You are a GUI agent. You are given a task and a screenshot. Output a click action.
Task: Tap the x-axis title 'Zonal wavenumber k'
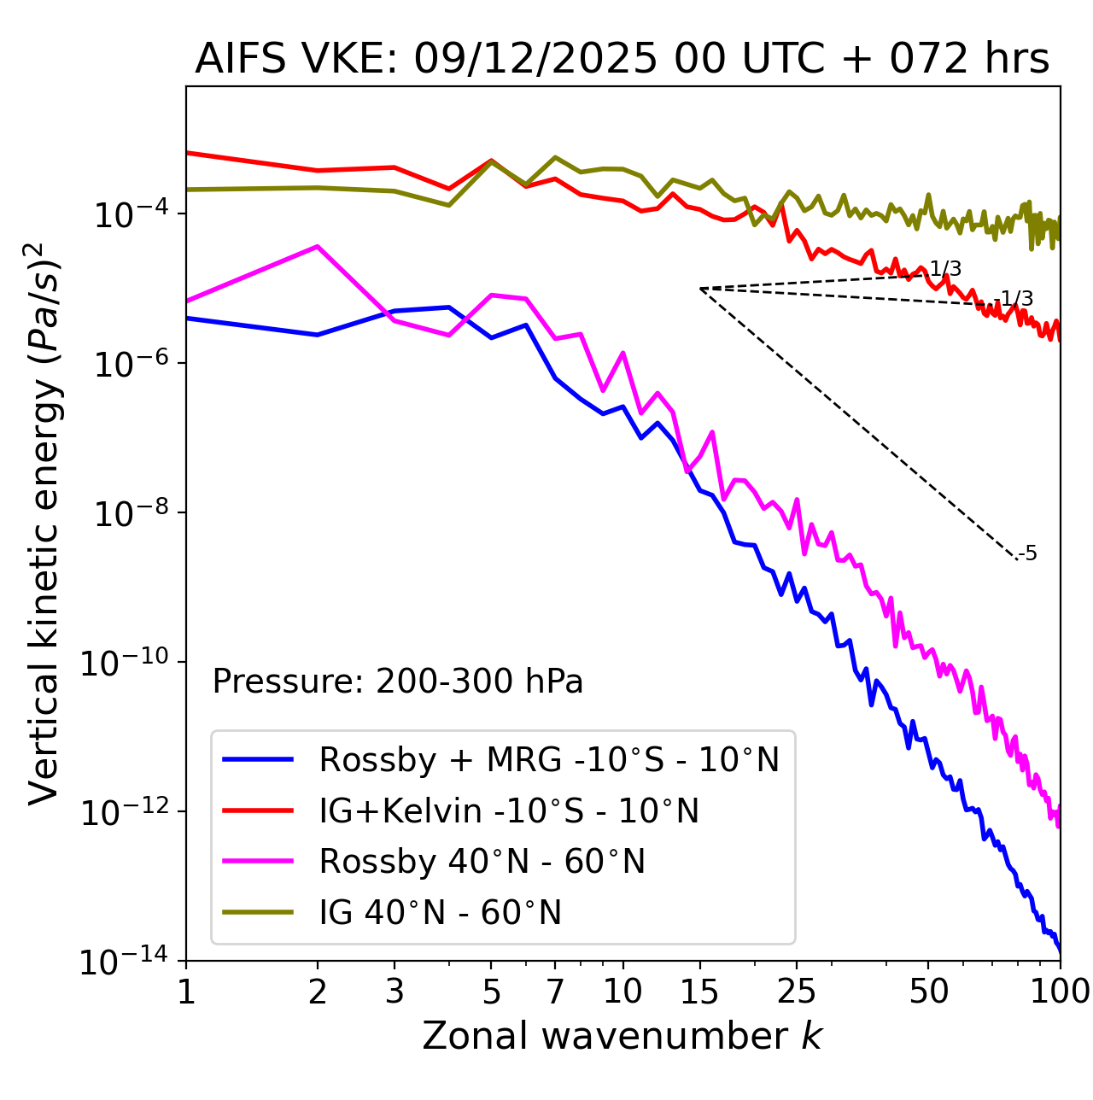[x=622, y=1036]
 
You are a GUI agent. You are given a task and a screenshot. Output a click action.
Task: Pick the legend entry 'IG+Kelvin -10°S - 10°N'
[x=509, y=810]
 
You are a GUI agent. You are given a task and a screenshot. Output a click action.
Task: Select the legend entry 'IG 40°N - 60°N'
[x=440, y=913]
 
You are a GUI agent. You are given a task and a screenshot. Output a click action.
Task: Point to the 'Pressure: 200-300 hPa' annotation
[x=398, y=682]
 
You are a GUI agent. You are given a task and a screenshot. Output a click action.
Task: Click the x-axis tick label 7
[x=555, y=992]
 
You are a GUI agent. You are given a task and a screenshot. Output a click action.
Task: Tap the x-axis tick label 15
[x=699, y=992]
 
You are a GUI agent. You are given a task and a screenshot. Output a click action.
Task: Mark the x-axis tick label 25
[x=797, y=992]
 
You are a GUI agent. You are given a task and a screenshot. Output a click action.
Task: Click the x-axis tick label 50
[x=928, y=992]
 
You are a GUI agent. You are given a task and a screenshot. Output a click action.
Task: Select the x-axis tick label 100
[x=1060, y=992]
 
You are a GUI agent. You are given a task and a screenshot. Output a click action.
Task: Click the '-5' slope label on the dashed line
[x=1028, y=554]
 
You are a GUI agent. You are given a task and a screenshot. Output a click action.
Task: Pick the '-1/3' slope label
[x=1016, y=299]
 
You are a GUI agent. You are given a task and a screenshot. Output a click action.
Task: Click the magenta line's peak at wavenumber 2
[x=318, y=247]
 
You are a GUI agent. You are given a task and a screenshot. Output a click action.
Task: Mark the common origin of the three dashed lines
[x=700, y=289]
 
